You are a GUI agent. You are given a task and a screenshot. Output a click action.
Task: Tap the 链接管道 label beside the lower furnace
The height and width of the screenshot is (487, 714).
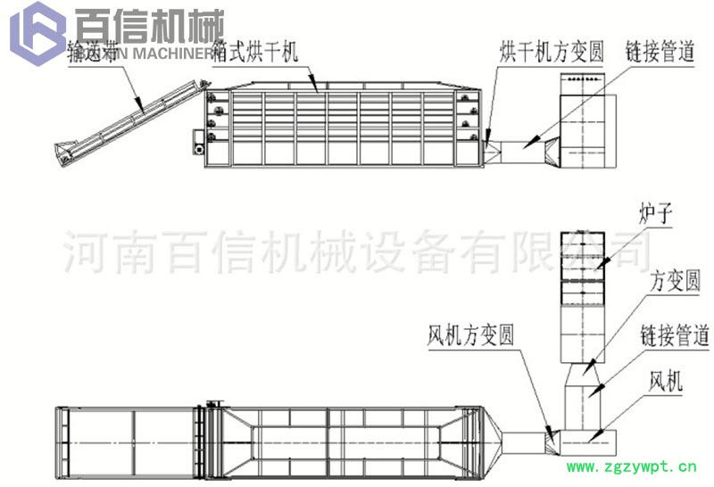674,336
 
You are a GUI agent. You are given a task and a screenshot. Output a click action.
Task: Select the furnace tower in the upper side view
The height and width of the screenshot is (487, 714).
585,120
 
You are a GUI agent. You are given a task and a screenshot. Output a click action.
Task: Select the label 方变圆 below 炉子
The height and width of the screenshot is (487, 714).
675,282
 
